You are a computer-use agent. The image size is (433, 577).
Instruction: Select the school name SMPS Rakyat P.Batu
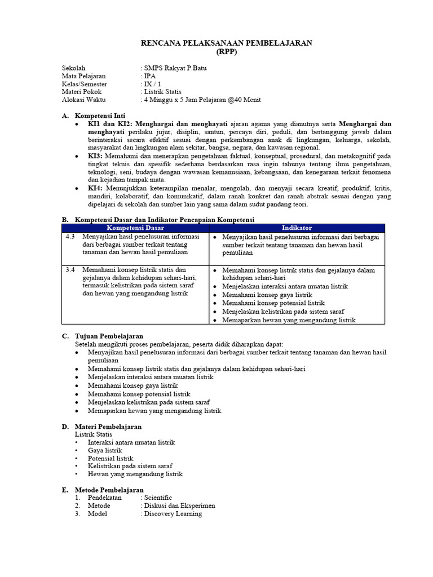(175, 68)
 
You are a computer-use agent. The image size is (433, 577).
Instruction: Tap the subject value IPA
(149, 76)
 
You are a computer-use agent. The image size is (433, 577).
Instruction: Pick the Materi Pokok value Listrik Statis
(163, 91)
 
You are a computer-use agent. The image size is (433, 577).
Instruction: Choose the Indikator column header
(297, 228)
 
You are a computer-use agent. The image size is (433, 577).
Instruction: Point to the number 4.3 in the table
(70, 237)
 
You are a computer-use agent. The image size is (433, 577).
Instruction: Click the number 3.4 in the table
(70, 270)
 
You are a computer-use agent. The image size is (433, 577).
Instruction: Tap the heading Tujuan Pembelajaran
(109, 336)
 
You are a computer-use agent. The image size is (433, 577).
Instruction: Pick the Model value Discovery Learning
(173, 514)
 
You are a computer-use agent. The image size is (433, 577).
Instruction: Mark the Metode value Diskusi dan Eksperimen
(179, 506)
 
